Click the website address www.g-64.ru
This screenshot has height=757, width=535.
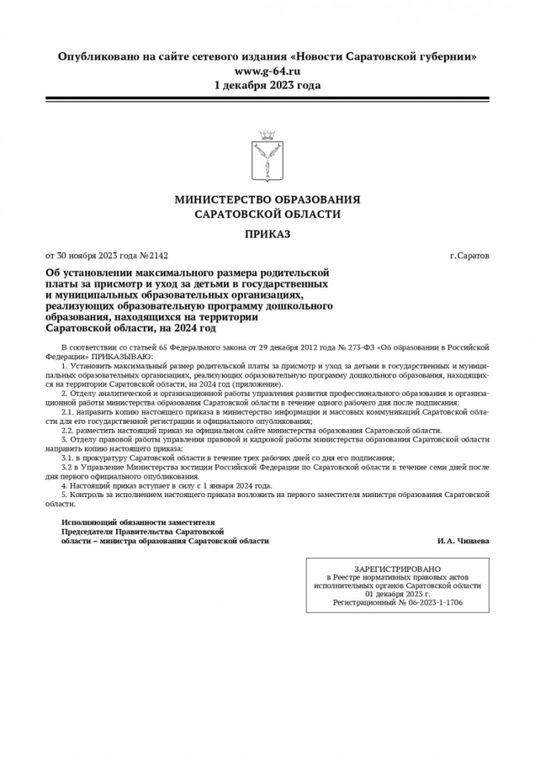267,71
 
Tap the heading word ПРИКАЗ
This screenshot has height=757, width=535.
267,233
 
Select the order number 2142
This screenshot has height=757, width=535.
158,255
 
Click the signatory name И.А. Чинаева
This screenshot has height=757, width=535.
463,541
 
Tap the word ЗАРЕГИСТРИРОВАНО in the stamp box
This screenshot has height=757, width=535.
397,569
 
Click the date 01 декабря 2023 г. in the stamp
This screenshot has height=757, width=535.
398,594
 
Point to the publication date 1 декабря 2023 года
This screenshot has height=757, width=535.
267,85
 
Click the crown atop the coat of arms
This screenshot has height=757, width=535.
267,135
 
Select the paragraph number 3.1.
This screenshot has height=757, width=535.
67,457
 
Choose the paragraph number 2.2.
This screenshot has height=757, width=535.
67,430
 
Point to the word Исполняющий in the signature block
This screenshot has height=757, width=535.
86,522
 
